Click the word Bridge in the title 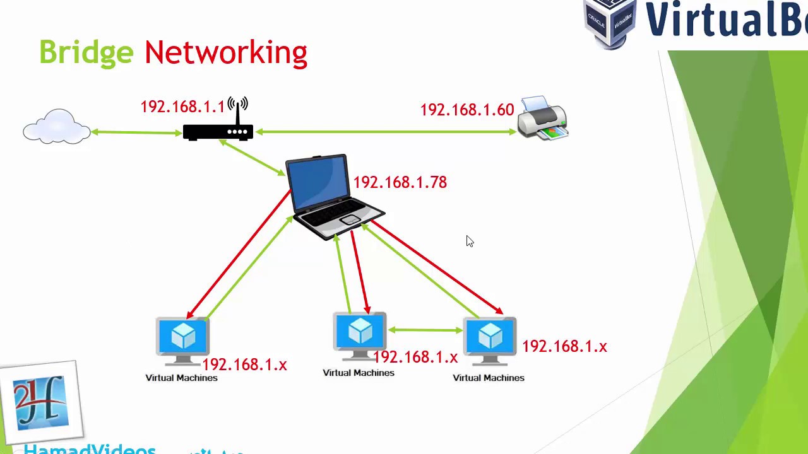pos(86,52)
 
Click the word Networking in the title pos(225,52)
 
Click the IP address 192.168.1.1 pos(182,107)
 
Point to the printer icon pos(542,118)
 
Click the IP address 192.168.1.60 pos(466,110)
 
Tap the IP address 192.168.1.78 pos(400,182)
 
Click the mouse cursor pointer pos(470,242)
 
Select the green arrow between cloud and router pos(136,132)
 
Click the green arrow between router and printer pos(386,132)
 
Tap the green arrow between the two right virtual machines pos(425,330)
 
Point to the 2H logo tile pos(40,401)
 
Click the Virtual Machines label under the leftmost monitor pos(181,378)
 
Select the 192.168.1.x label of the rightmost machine pos(564,346)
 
